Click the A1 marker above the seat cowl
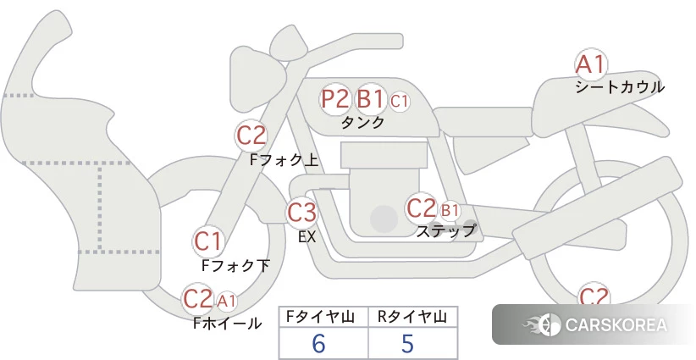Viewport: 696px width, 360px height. (591, 65)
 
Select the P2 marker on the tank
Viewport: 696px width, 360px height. (335, 98)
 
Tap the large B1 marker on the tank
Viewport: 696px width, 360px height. (370, 98)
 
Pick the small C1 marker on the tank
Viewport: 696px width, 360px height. (399, 101)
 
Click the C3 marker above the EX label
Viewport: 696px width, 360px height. (301, 213)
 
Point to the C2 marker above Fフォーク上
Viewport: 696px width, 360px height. (251, 136)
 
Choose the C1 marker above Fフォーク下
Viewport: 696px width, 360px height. (208, 241)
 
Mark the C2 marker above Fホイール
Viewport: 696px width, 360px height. (198, 299)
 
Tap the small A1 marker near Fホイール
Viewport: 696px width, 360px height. (226, 302)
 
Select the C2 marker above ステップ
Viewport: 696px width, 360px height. (421, 208)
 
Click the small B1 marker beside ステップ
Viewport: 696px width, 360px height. (450, 210)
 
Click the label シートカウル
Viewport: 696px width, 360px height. (620, 87)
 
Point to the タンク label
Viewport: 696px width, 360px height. (362, 122)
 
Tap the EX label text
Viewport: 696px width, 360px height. (307, 237)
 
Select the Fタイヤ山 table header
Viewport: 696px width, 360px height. (320, 317)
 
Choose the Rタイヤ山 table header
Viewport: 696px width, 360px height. (412, 317)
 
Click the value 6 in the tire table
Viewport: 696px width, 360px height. (318, 343)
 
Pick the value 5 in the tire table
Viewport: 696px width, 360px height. (407, 343)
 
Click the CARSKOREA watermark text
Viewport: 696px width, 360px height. (616, 325)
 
